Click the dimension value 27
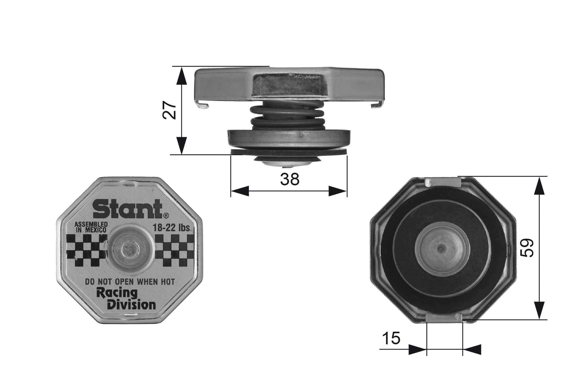pos(169,110)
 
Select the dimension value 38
pos(290,179)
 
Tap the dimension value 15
pos(391,338)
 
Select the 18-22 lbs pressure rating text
pos(172,228)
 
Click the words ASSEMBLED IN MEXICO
pos(91,227)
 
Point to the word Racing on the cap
pos(117,293)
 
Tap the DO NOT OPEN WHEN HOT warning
pos(130,281)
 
